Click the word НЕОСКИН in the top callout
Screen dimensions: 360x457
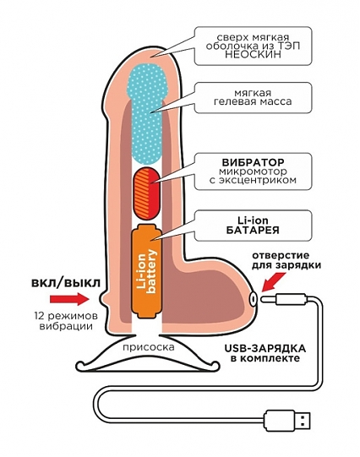click(x=253, y=55)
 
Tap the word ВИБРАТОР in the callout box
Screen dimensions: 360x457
click(x=253, y=162)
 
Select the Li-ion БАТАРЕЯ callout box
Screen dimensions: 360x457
click(x=253, y=226)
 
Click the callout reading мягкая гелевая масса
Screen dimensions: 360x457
click(x=253, y=97)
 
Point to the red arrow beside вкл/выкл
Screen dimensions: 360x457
click(x=68, y=299)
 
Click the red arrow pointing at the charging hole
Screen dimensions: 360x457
click(x=273, y=281)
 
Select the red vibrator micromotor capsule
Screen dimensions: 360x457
click(x=147, y=193)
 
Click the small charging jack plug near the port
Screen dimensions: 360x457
click(x=283, y=298)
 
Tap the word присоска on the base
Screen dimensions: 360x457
click(x=149, y=347)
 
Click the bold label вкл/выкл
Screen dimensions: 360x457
click(x=66, y=283)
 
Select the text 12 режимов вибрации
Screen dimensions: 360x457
click(x=66, y=321)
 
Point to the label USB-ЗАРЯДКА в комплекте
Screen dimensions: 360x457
click(x=265, y=353)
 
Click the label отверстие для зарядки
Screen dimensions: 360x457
click(x=286, y=260)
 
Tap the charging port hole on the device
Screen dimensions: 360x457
click(x=253, y=298)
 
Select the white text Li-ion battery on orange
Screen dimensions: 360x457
click(x=146, y=272)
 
